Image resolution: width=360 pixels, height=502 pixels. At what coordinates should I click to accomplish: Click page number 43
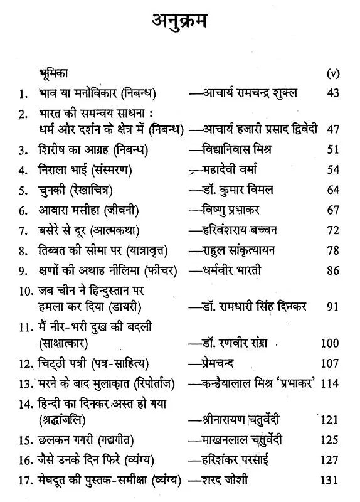point(332,93)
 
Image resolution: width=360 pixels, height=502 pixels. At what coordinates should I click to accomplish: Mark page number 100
point(330,343)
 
